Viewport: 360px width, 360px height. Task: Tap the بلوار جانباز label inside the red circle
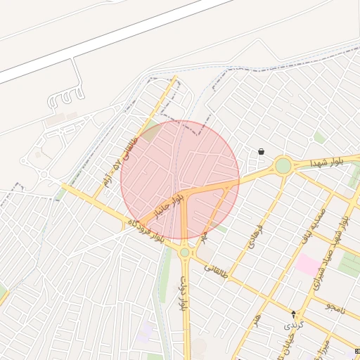click(x=169, y=206)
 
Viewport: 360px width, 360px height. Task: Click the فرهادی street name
click(x=250, y=239)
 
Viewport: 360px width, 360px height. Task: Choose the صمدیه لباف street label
click(x=313, y=226)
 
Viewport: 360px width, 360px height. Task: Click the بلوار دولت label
click(x=182, y=292)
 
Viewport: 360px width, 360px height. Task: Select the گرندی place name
click(x=292, y=326)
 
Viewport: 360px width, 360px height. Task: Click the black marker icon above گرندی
click(x=293, y=314)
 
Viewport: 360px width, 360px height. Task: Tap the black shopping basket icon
click(x=262, y=151)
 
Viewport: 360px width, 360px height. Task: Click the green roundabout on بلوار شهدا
click(x=283, y=166)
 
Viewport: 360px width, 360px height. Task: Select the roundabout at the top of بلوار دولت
click(x=185, y=252)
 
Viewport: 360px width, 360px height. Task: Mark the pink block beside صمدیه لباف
click(x=307, y=265)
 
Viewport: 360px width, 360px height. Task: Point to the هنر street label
click(x=258, y=319)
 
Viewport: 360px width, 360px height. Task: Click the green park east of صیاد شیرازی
click(x=349, y=264)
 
